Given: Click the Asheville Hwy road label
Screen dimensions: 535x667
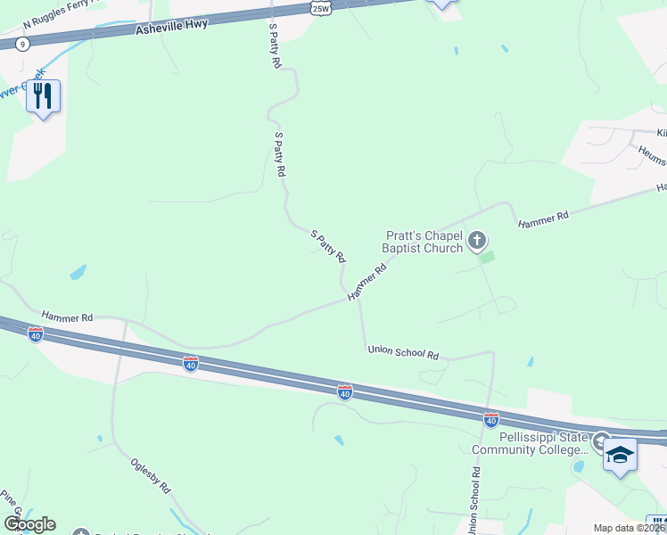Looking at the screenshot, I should pos(172,27).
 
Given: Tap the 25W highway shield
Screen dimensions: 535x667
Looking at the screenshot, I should pos(321,8).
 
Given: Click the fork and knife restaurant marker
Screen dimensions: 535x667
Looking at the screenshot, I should pos(43,95).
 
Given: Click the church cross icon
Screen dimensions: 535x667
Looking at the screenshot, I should pos(477,240).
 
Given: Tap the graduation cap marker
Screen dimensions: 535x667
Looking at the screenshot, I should pos(619,456).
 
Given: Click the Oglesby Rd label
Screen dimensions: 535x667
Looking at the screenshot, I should pos(150,476).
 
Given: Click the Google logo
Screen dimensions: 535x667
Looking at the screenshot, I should pos(29,524).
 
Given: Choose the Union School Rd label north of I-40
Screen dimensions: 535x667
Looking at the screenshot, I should pos(403,353).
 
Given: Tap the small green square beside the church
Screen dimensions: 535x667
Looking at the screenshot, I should pos(487,257).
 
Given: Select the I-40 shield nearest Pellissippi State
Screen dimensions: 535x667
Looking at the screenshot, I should pos(490,418).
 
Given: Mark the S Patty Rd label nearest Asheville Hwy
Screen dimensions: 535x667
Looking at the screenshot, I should pos(276,46).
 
